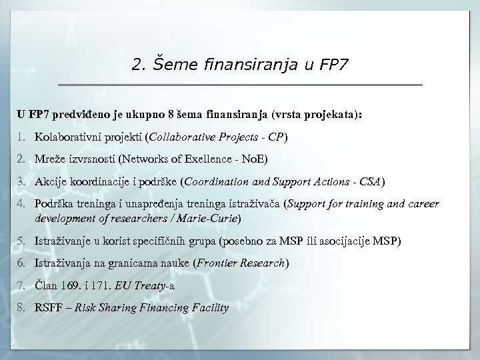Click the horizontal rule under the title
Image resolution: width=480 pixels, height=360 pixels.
coord(240,85)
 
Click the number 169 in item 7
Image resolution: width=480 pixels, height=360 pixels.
coord(71,286)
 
